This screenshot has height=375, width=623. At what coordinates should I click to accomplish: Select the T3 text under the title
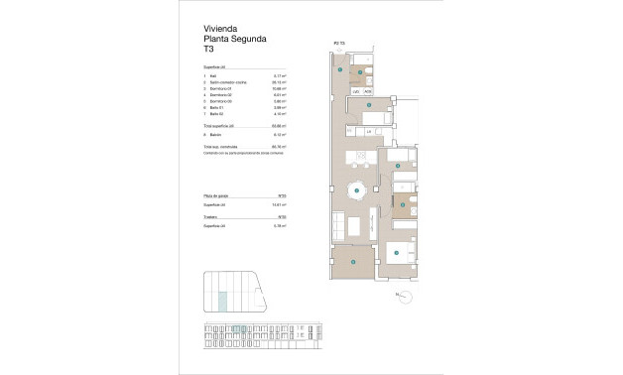[x=209, y=49]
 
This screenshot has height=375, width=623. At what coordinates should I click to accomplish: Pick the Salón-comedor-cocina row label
[x=226, y=82]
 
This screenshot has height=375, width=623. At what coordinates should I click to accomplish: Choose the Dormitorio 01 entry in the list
[x=220, y=88]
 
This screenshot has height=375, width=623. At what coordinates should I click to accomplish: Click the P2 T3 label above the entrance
[x=339, y=43]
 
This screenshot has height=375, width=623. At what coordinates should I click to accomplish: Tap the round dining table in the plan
[x=356, y=191]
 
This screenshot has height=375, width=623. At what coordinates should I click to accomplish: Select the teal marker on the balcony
[x=354, y=264]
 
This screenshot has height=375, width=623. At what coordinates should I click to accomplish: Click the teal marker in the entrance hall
[x=340, y=71]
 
